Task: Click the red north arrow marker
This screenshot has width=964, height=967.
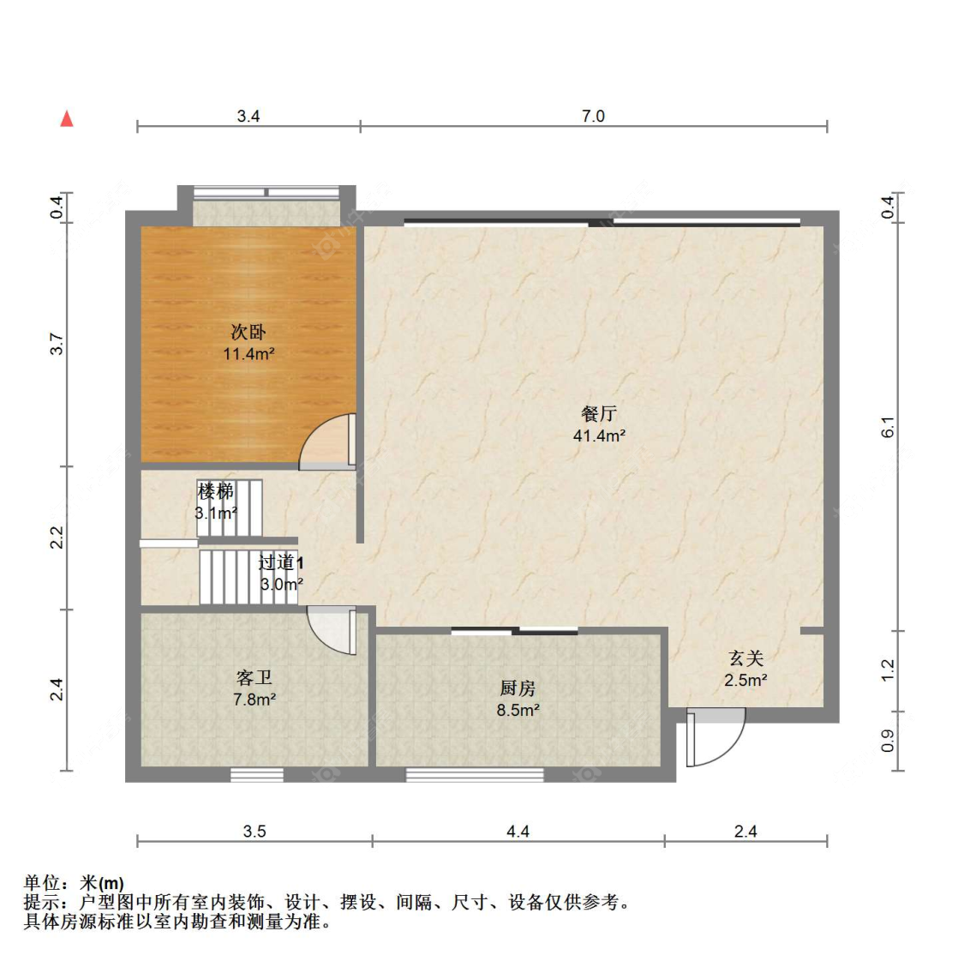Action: coord(67,118)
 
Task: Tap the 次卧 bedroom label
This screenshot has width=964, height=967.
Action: coord(248,332)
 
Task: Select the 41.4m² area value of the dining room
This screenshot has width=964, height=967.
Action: coord(599,435)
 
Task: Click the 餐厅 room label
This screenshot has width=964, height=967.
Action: coord(599,413)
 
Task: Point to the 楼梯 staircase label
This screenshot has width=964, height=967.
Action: coord(216,491)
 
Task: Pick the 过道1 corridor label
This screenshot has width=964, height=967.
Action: coord(280,562)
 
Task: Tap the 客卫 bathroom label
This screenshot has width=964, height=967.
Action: coord(254,677)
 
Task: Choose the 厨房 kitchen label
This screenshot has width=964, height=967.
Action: coord(518,688)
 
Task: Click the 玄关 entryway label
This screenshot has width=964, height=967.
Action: coord(745,658)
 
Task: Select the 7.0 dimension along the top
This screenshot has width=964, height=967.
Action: coord(593,116)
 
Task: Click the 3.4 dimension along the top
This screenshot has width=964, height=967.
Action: coord(248,116)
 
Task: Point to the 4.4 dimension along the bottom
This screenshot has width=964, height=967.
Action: coord(518,831)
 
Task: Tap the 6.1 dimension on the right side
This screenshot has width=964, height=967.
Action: coord(888,427)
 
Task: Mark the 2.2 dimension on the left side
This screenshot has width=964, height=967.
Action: coord(57,538)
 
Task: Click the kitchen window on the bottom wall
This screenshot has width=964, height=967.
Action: coord(474,775)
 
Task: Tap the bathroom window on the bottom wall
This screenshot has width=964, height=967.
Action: coord(257,775)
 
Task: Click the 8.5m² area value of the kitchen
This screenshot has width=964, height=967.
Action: coord(518,710)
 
